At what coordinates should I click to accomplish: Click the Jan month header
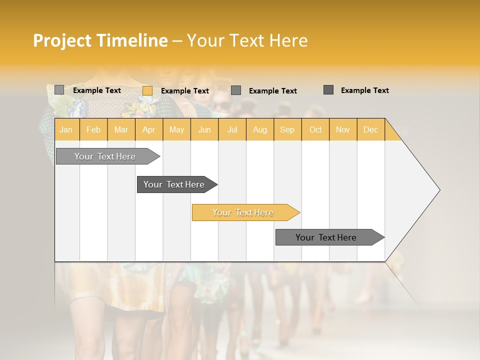[x=66, y=129]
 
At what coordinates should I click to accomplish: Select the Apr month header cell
[x=149, y=129]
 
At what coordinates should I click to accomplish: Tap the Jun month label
[x=204, y=129]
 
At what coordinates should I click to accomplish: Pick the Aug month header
[x=260, y=129]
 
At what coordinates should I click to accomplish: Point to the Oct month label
[x=315, y=129]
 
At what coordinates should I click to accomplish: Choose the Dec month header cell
[x=371, y=129]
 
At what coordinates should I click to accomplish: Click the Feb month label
[x=93, y=129]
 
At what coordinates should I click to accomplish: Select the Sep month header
[x=287, y=129]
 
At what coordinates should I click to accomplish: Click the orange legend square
[x=147, y=90]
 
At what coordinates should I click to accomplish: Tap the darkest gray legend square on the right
[x=328, y=90]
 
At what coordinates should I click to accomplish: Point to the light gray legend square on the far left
[x=59, y=90]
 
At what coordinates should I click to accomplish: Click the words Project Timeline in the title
[x=100, y=40]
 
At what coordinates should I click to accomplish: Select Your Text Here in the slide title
[x=247, y=40]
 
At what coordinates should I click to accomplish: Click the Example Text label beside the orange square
[x=185, y=91]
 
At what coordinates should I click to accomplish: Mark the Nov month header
[x=343, y=129]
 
